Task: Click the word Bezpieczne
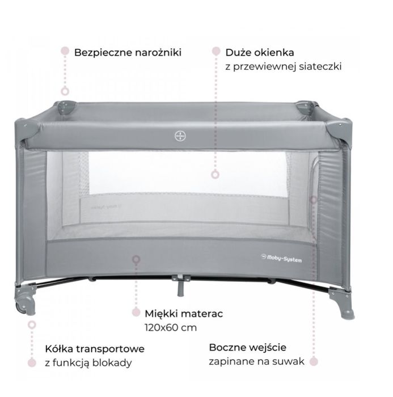point(104,53)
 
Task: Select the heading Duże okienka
point(260,52)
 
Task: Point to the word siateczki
point(320,66)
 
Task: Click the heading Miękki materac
point(184,314)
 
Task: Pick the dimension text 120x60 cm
point(171,328)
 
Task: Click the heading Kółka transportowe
point(95,349)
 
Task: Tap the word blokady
point(112,363)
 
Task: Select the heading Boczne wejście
point(248,348)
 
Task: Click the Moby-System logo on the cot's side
point(281,259)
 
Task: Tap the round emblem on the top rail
point(180,136)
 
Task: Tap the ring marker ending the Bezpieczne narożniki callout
point(65,91)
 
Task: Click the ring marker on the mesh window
point(215,175)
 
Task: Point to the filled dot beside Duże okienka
point(216,51)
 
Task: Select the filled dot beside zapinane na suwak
point(314,361)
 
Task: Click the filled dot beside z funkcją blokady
point(32,362)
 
